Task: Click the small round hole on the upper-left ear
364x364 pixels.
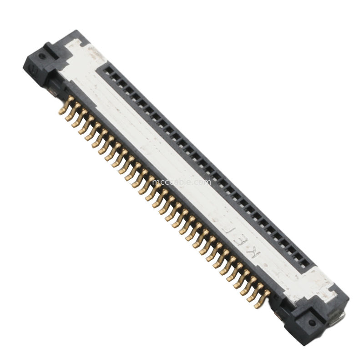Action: click(42, 56)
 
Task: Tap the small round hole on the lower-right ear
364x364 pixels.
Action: click(312, 322)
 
